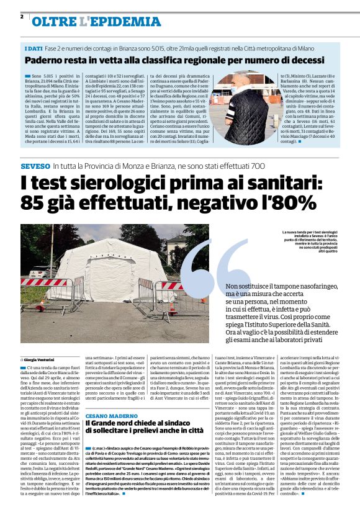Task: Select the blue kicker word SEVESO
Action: click(35, 166)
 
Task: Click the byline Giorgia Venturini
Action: click(41, 359)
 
